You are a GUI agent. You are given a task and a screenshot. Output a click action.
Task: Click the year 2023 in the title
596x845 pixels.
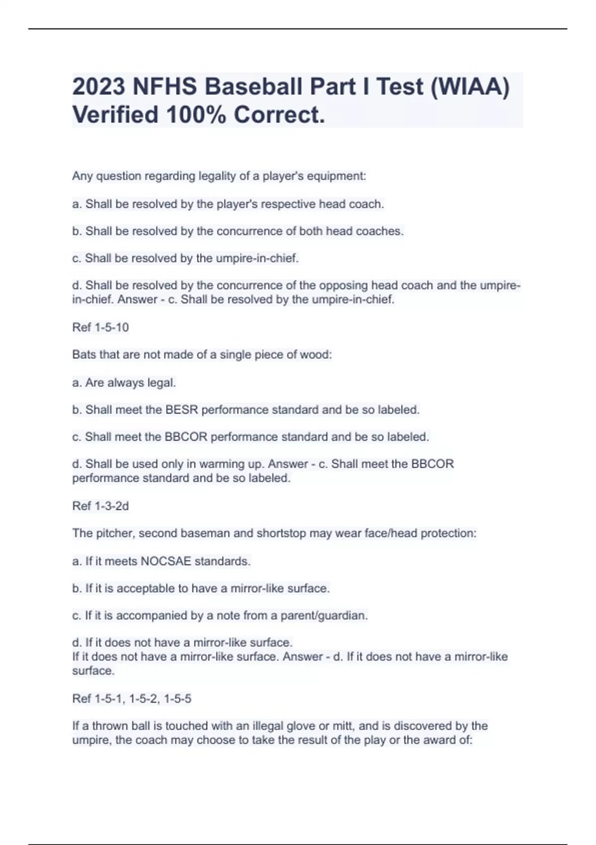[x=98, y=86]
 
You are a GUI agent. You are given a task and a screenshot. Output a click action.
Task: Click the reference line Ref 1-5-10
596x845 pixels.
[x=100, y=327]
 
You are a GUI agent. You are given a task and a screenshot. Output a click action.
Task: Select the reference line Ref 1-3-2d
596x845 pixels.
[x=100, y=506]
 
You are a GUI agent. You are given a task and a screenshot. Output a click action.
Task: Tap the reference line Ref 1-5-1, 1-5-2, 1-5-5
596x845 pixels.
[x=132, y=698]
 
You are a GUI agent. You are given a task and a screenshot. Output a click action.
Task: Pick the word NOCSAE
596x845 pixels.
[x=166, y=561]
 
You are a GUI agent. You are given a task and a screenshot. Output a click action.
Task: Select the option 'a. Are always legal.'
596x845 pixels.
[x=124, y=383]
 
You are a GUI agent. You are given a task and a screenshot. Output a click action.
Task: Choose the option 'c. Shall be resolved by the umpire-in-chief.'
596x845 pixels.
[x=185, y=258]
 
